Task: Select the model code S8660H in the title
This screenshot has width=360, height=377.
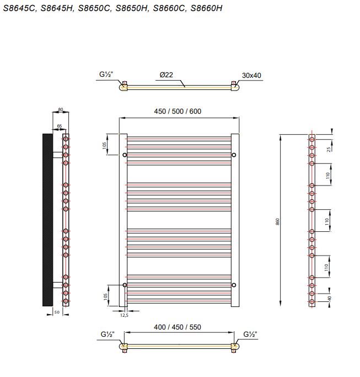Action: [206, 8]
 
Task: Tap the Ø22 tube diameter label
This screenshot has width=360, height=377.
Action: [166, 75]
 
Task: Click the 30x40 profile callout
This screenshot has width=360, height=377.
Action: [251, 76]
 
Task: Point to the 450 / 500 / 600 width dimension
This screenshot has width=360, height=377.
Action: [178, 111]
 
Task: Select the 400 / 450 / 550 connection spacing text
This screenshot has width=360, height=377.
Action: [178, 327]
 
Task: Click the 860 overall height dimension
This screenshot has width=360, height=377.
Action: [278, 221]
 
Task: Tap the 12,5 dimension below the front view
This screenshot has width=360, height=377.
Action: [124, 315]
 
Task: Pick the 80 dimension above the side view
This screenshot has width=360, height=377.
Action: [61, 109]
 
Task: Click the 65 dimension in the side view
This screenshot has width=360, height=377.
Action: [60, 126]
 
